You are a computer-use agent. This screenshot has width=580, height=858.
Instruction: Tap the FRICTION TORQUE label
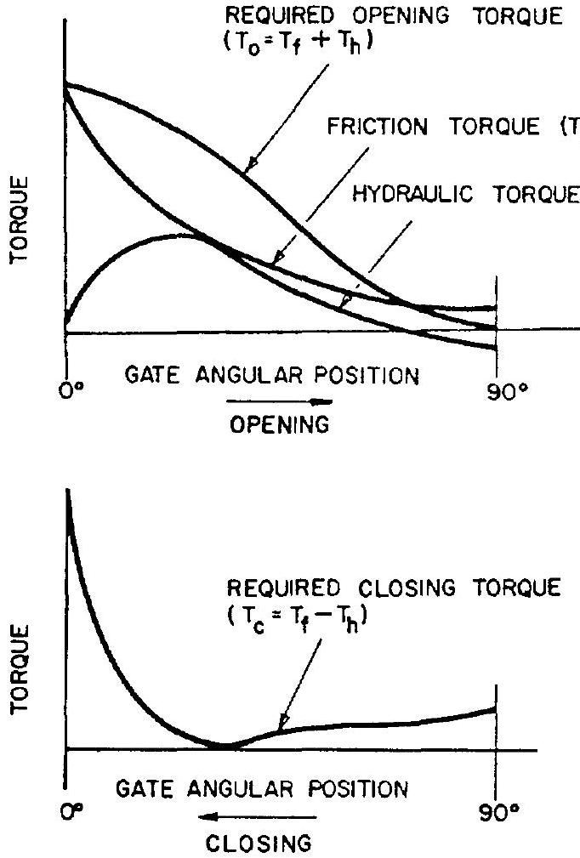(433, 128)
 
